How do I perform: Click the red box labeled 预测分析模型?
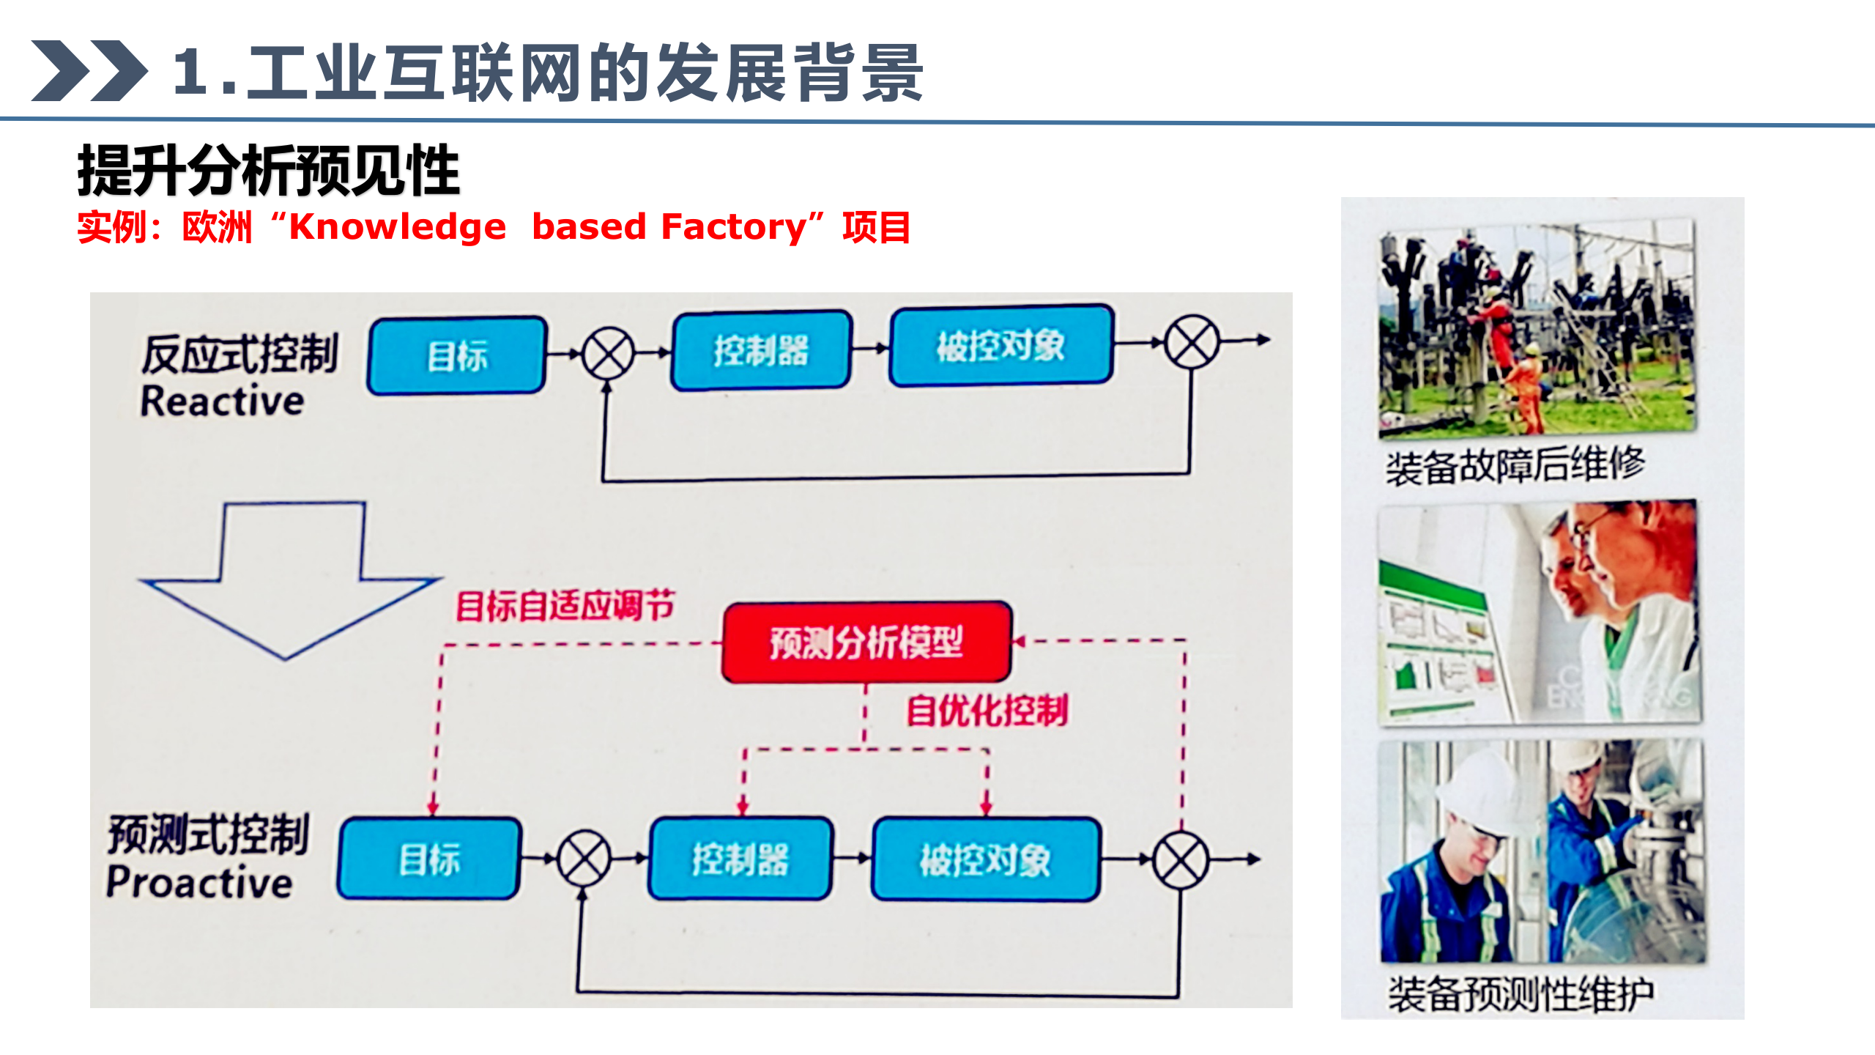[x=866, y=643]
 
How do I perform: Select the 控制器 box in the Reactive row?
[x=761, y=350]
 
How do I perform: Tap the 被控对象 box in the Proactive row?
[x=985, y=859]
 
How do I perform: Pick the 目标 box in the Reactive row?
[x=457, y=356]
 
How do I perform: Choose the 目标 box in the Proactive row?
[x=429, y=859]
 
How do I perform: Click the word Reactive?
[x=222, y=401]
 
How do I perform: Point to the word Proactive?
[x=199, y=881]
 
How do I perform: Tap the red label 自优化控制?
[x=987, y=711]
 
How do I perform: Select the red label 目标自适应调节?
[x=564, y=606]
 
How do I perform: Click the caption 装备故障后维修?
[x=1515, y=465]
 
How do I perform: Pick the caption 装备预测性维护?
[x=1521, y=994]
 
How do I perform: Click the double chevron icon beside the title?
[x=89, y=71]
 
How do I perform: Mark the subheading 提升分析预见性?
[x=268, y=171]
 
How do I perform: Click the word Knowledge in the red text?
[x=398, y=227]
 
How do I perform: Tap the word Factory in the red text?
[x=733, y=227]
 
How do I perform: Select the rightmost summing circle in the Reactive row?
[x=1192, y=342]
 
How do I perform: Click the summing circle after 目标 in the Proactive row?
[x=584, y=858]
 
